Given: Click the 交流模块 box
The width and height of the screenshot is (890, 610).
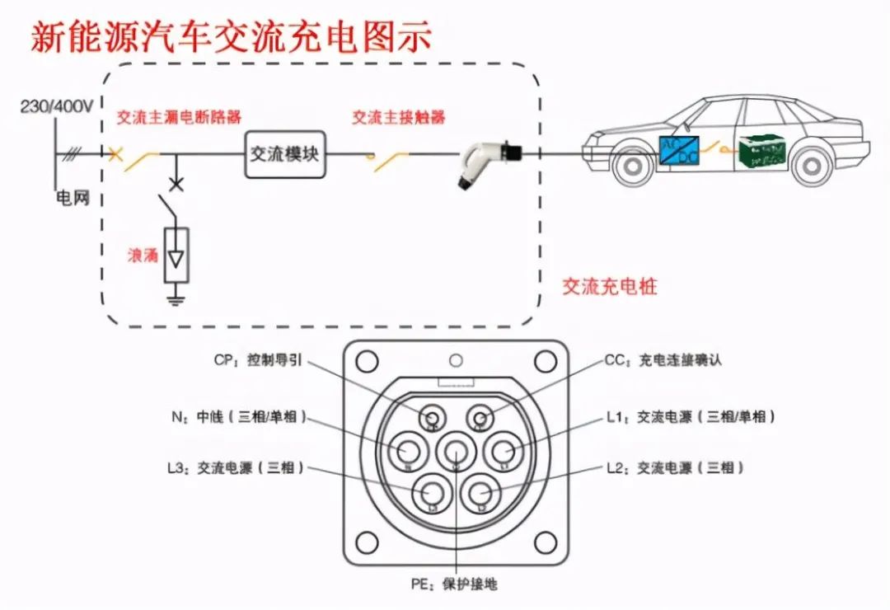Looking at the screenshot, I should pyautogui.click(x=285, y=154).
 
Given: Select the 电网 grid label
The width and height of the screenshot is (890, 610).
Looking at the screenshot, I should pyautogui.click(x=71, y=199).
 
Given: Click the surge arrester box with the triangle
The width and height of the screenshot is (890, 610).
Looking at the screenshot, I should pyautogui.click(x=176, y=255).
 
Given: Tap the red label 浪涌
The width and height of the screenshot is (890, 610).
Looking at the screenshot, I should pyautogui.click(x=142, y=255).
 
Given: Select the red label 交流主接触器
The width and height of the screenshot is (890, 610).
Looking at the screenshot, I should pyautogui.click(x=399, y=117).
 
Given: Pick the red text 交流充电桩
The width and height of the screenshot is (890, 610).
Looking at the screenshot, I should pyautogui.click(x=610, y=287).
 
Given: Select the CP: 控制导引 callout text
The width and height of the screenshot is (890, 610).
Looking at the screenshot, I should pyautogui.click(x=262, y=360).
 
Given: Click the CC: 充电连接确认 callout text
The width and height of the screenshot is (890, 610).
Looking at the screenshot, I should pyautogui.click(x=663, y=360).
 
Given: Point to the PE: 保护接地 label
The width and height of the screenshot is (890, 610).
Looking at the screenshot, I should pyautogui.click(x=454, y=584).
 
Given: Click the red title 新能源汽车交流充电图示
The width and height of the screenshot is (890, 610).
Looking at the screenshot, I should pyautogui.click(x=231, y=37).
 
